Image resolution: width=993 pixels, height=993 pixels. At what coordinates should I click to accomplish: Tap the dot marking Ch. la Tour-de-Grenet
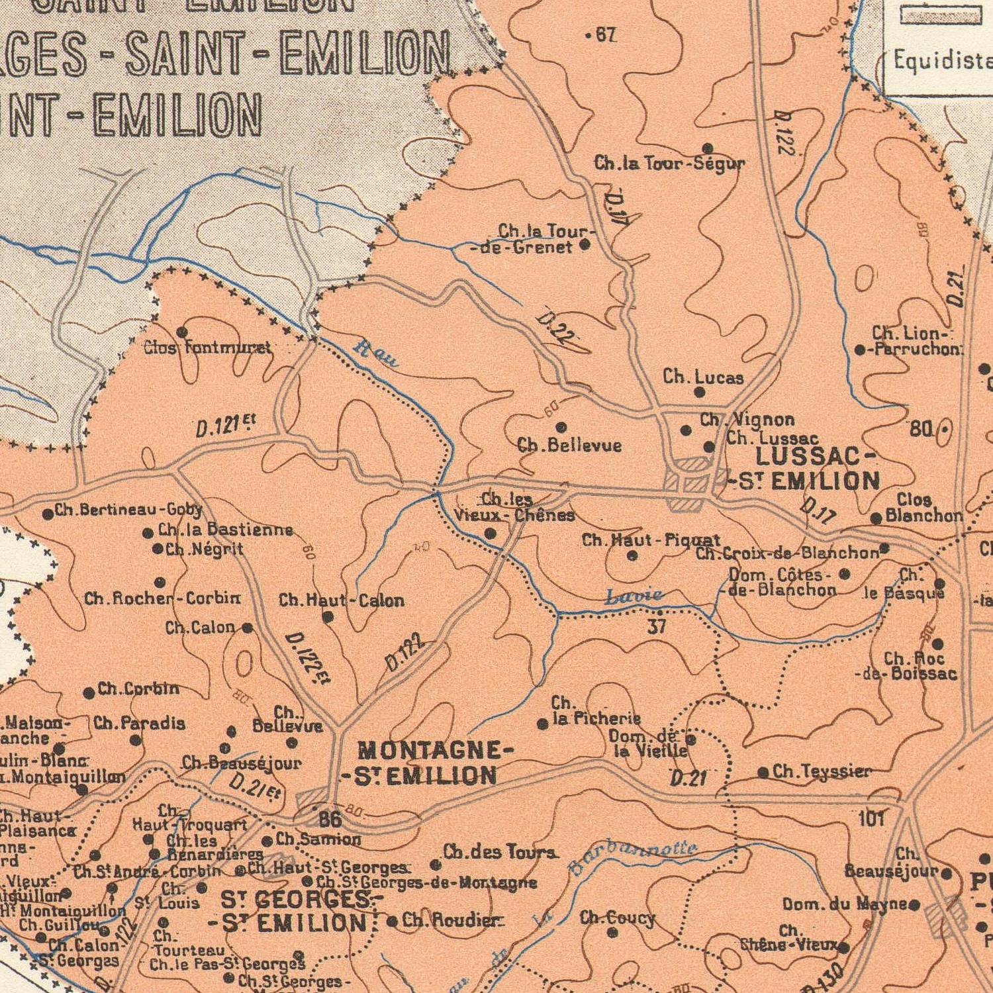(x=585, y=245)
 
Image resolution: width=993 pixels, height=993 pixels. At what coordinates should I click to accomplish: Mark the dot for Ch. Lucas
(x=700, y=393)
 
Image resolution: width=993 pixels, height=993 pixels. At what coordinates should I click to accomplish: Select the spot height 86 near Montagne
(x=330, y=820)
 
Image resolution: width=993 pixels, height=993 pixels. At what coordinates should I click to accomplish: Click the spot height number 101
(x=871, y=819)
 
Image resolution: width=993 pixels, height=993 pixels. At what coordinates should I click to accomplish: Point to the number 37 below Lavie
(x=656, y=626)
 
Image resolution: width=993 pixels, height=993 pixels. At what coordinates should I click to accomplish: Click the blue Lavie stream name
(x=634, y=597)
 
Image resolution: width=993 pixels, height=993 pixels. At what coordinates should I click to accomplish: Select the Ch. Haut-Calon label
(x=341, y=601)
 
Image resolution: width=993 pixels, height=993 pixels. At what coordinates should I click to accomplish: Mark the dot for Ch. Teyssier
(x=763, y=773)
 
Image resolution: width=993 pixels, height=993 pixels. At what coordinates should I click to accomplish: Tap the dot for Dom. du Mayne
(x=914, y=904)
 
